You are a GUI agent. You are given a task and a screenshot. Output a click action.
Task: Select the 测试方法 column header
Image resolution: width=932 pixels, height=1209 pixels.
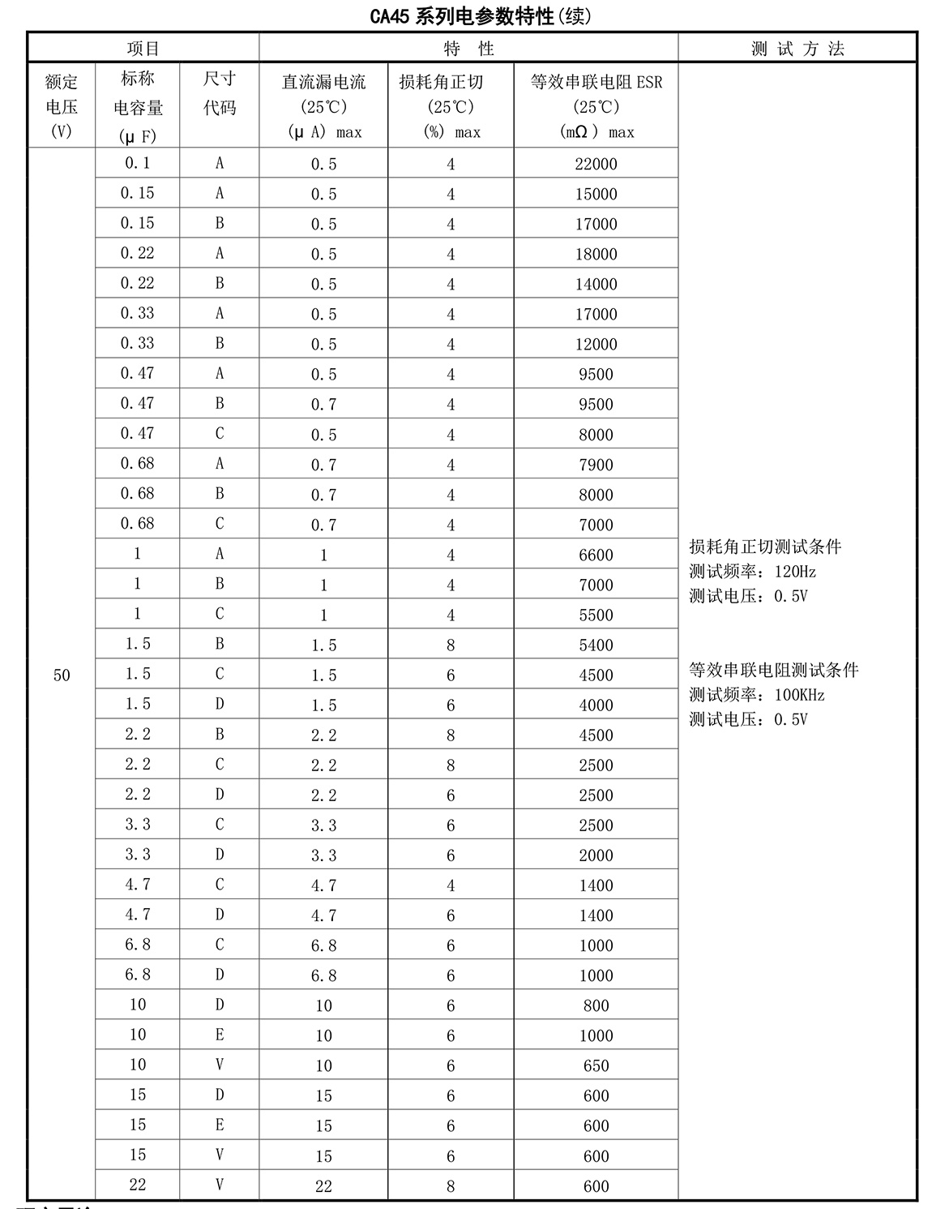[797, 49]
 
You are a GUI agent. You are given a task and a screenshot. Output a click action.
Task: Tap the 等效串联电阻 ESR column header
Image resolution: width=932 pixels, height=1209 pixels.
[596, 105]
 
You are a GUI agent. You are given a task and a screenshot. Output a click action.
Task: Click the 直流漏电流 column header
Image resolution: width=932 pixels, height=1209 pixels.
[323, 105]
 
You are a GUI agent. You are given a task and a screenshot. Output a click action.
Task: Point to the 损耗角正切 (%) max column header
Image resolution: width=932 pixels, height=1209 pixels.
[451, 105]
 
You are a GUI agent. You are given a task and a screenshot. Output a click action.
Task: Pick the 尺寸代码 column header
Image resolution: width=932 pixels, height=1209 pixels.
[220, 93]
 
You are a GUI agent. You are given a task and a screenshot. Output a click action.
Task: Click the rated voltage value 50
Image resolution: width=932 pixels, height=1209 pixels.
[62, 675]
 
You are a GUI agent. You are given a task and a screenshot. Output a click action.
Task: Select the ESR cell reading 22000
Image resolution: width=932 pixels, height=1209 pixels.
[596, 165]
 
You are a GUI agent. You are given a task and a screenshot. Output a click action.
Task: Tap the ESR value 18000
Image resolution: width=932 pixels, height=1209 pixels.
[596, 255]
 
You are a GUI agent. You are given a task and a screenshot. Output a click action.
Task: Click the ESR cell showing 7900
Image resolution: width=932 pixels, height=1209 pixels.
[596, 465]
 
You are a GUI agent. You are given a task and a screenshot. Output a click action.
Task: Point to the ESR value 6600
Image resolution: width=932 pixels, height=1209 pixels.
[596, 555]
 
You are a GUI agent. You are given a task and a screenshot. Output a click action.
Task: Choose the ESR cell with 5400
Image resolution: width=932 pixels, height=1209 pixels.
[596, 645]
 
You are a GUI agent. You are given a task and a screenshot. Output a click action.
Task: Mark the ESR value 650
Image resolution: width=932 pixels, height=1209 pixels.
[596, 1066]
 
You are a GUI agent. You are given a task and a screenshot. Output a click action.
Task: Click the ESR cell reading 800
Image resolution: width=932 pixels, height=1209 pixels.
[596, 1006]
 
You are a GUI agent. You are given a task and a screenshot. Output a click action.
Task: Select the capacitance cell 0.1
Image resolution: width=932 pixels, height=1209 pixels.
[138, 163]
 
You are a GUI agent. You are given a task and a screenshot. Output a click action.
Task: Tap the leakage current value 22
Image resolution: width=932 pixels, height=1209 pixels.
[323, 1186]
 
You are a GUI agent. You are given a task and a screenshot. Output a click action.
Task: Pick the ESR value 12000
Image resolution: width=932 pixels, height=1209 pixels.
[596, 345]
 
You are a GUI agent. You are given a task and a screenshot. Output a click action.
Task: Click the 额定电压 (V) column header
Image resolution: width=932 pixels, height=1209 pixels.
[62, 105]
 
